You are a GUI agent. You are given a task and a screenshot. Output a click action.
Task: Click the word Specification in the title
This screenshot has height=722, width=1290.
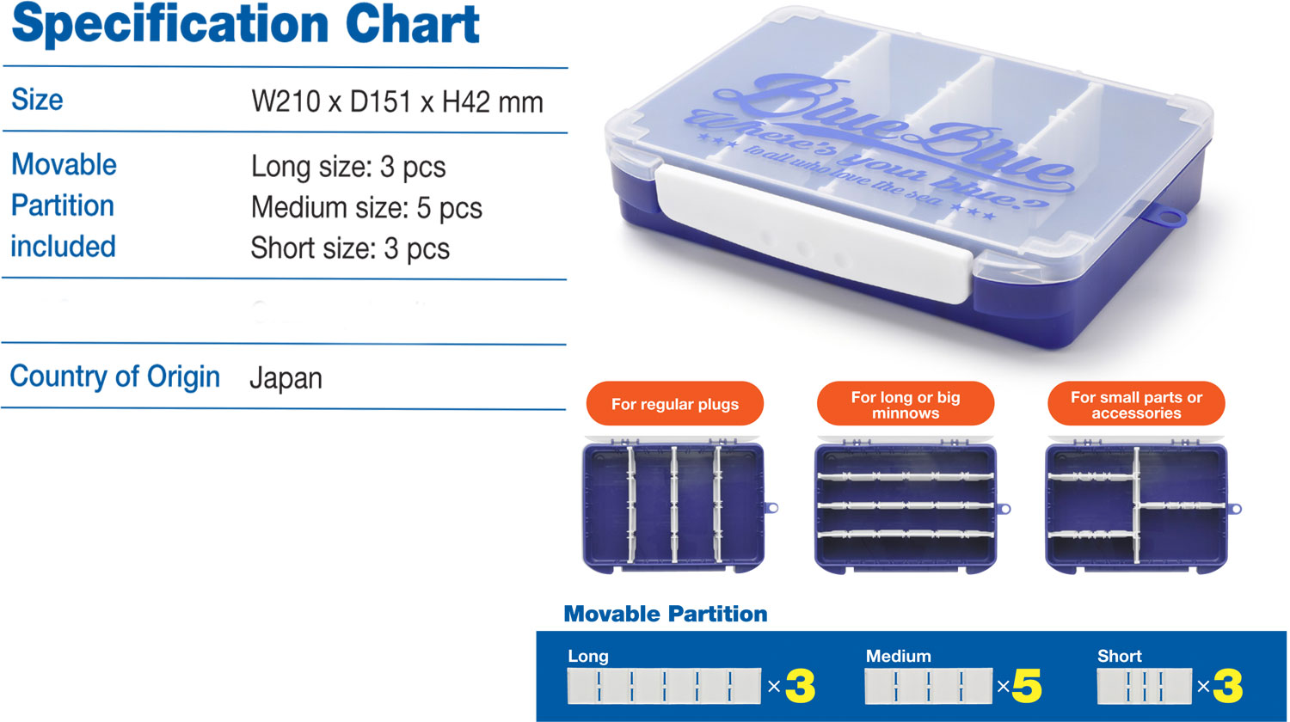[x=170, y=24]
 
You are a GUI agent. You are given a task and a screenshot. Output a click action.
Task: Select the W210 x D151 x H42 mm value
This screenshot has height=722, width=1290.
[x=397, y=102]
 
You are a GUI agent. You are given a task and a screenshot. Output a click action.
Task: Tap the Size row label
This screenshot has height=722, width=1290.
[x=37, y=100]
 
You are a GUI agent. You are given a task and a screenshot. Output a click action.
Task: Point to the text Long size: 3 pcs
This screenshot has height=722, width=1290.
[x=348, y=167]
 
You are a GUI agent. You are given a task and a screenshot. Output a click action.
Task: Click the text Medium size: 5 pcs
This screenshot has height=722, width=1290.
[x=367, y=208]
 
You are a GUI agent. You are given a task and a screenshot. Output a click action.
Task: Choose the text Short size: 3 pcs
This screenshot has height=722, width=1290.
[x=350, y=248]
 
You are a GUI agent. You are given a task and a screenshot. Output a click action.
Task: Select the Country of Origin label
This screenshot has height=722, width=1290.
[x=115, y=376]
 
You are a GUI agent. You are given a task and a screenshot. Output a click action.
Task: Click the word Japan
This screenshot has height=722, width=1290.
[x=286, y=379]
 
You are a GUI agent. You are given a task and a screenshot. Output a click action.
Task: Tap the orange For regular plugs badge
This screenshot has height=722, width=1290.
[x=675, y=404]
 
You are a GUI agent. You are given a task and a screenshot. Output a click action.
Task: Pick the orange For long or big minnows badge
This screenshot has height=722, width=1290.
[x=906, y=404]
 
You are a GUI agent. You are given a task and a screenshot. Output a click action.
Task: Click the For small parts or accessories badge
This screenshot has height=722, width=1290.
[x=1136, y=404]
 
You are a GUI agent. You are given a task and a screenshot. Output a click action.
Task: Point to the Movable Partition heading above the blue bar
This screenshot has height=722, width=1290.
[x=665, y=614]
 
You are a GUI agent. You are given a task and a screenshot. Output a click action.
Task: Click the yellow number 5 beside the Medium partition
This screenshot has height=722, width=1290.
[x=1027, y=686]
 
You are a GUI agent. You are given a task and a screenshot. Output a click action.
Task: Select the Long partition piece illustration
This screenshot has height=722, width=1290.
[x=664, y=686]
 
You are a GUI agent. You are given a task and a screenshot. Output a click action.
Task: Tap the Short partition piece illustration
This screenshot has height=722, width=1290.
[x=1145, y=686]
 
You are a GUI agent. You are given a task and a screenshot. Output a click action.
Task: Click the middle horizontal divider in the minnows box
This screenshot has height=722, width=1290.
[x=906, y=505]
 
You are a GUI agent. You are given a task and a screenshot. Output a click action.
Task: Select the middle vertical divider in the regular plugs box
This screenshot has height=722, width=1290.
[x=673, y=505]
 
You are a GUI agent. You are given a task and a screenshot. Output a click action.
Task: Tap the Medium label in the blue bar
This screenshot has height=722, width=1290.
[x=899, y=656]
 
